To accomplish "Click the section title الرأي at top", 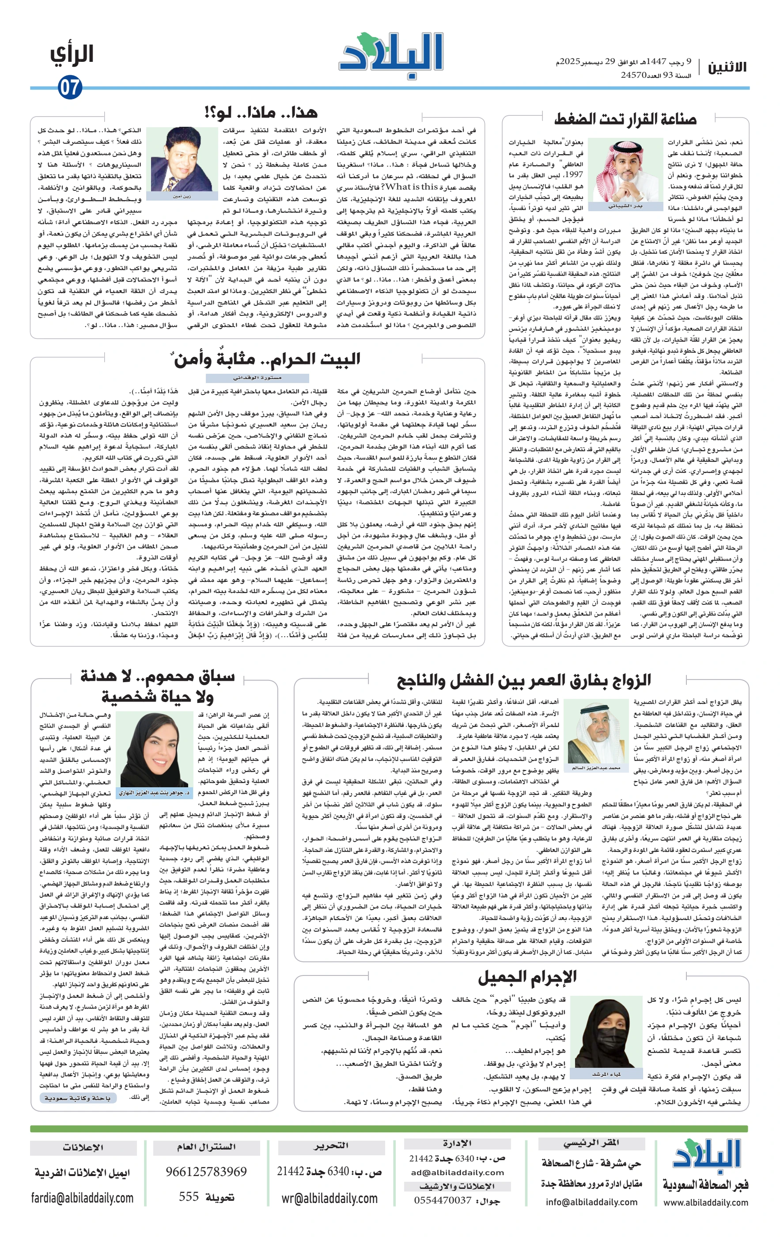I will click(x=72, y=55).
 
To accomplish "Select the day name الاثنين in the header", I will click(x=727, y=67).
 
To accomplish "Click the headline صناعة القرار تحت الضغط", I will click(x=625, y=120).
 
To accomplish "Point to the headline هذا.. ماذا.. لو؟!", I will click(x=261, y=112).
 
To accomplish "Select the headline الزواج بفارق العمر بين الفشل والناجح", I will click(x=523, y=681).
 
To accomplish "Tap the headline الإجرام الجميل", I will click(x=527, y=976).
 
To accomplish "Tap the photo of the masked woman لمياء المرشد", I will click(x=610, y=1033).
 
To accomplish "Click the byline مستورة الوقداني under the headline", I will click(x=257, y=378).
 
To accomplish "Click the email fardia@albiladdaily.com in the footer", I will click(x=82, y=1198).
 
